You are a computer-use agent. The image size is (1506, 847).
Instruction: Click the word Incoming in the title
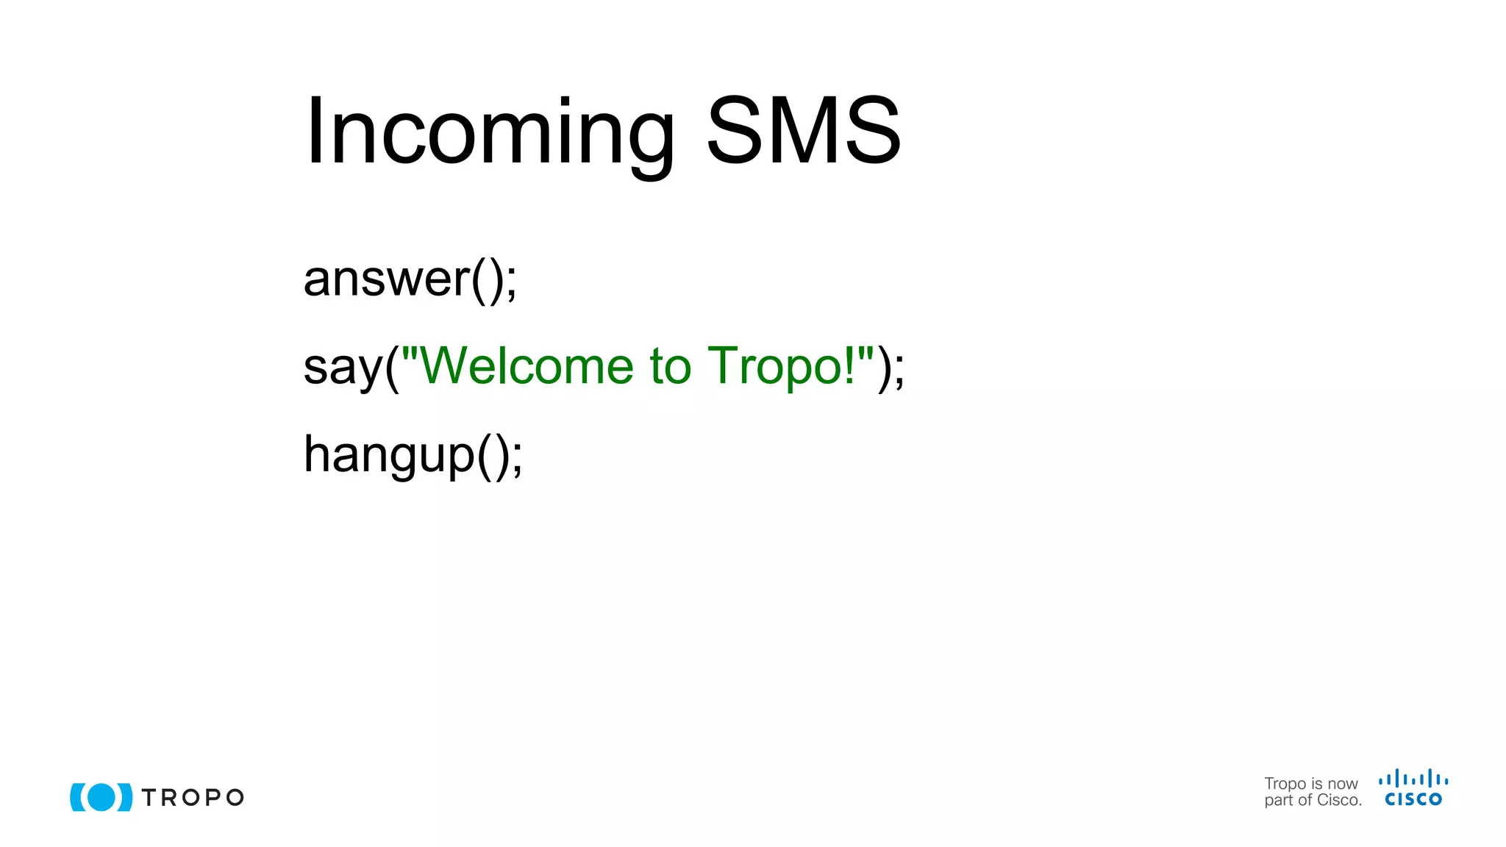click(x=489, y=132)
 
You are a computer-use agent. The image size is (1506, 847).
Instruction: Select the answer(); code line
click(x=410, y=279)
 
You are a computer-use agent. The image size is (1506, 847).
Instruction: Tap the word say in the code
click(x=343, y=367)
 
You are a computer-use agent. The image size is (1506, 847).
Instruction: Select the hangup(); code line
click(x=413, y=454)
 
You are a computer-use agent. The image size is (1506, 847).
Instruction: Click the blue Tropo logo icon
click(x=101, y=797)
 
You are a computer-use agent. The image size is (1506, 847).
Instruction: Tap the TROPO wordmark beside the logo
click(x=193, y=798)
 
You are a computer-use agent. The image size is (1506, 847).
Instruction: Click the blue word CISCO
click(x=1413, y=799)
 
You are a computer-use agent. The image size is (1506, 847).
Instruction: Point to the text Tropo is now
click(x=1310, y=784)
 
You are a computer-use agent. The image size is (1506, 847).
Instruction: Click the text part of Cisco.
click(x=1313, y=801)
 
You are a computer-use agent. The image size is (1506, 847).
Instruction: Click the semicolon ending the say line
click(x=899, y=370)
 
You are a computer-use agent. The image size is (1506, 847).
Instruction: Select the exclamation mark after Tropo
click(x=850, y=365)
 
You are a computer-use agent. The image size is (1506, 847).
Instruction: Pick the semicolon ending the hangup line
click(x=517, y=460)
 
